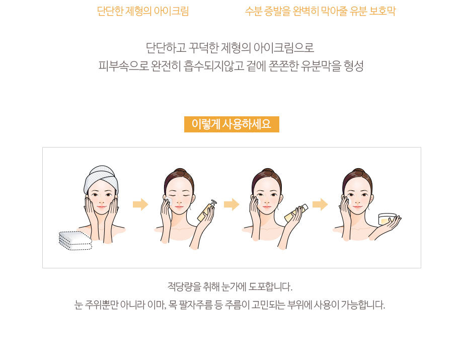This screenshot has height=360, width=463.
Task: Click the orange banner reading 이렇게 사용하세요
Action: [x=232, y=124]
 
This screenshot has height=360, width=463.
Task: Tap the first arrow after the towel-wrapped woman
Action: [x=140, y=204]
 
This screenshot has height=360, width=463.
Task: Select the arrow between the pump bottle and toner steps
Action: [x=232, y=204]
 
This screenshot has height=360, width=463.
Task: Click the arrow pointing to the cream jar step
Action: [x=320, y=204]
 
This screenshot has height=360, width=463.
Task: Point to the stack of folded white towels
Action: [x=75, y=240]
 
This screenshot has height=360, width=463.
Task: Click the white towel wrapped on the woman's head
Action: [x=101, y=178]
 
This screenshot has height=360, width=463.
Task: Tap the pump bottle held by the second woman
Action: [x=206, y=211]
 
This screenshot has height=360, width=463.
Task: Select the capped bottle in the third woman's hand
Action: [x=296, y=212]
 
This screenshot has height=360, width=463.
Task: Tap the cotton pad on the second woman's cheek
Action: [x=168, y=201]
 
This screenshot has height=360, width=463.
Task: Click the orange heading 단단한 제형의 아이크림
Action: [x=143, y=11]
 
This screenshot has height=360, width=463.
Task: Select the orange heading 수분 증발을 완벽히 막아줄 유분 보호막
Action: [x=320, y=11]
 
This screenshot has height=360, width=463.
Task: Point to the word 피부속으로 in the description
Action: [x=123, y=66]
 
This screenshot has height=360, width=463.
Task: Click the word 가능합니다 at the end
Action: [x=363, y=305]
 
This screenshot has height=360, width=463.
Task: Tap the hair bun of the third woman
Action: [x=267, y=171]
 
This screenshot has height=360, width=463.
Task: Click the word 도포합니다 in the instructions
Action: [x=270, y=286]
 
